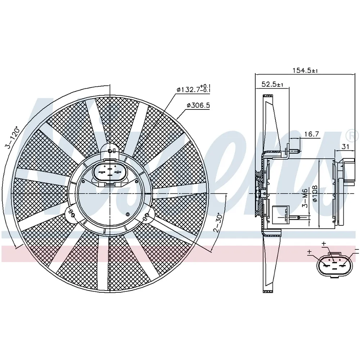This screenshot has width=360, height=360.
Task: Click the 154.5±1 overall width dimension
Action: click(305, 70)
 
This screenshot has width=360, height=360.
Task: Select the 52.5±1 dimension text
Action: click(272, 84)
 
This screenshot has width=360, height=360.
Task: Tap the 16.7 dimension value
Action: click(311, 134)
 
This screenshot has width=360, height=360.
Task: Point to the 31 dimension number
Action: click(346, 147)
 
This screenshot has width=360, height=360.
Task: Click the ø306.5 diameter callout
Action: click(198, 105)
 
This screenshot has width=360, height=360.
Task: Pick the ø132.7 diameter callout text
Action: click(194, 89)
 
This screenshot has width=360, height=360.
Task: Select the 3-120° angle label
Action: click(13, 138)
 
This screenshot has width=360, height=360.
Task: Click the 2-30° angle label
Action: click(218, 222)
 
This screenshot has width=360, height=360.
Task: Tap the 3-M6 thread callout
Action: click(305, 198)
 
